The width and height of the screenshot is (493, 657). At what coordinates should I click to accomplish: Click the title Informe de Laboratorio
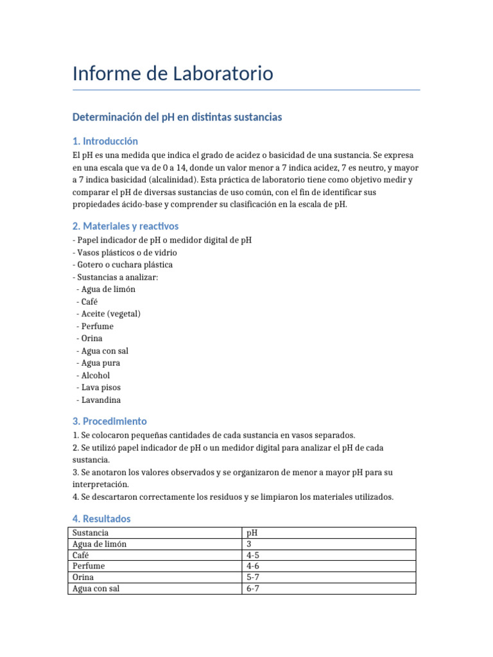click(x=173, y=74)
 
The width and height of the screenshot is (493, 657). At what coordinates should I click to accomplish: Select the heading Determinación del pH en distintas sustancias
click(x=177, y=117)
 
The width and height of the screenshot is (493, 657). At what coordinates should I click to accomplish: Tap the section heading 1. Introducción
click(x=105, y=141)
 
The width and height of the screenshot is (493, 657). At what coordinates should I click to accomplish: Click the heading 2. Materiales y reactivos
click(x=125, y=226)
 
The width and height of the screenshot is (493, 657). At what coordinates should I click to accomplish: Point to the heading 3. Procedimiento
click(x=109, y=422)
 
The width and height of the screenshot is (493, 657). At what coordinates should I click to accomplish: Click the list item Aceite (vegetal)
click(x=110, y=314)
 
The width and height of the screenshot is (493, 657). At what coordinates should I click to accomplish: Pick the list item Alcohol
click(x=96, y=375)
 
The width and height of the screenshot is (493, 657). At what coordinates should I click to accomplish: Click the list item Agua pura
click(x=101, y=363)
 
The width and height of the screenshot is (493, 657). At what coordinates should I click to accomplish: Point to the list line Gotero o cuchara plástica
click(x=125, y=264)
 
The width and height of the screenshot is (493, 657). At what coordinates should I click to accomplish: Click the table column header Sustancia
click(x=91, y=533)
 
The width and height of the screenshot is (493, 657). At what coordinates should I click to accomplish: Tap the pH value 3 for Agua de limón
click(x=249, y=544)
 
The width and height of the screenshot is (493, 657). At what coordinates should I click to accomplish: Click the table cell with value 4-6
click(x=253, y=567)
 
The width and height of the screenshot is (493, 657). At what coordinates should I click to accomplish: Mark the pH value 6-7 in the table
click(x=253, y=588)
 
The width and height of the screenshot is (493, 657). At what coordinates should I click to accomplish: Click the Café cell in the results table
click(x=81, y=555)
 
